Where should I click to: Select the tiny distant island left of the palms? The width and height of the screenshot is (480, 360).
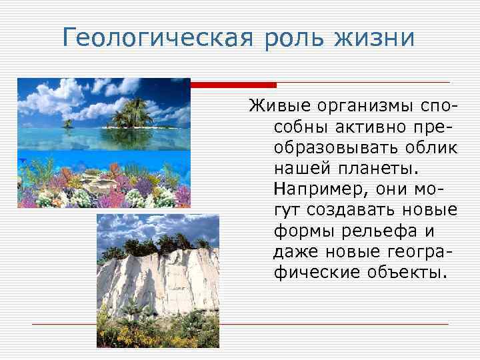pyautogui.click(x=68, y=123)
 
